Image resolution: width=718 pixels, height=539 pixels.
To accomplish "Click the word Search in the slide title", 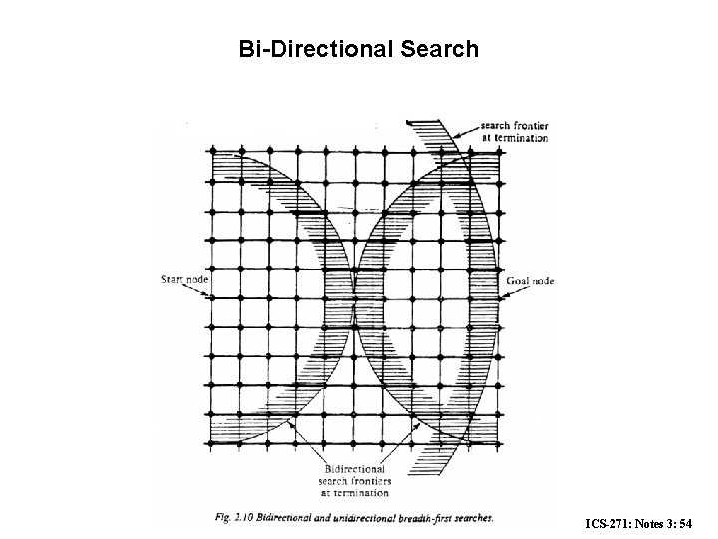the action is (x=436, y=48).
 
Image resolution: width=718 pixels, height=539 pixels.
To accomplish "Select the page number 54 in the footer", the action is (x=699, y=524).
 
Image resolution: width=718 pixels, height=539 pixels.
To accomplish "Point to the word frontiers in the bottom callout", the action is (x=371, y=480).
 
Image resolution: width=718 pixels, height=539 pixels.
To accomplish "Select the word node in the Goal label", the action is (x=543, y=281).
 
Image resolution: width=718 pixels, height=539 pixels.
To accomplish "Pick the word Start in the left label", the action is (x=172, y=280).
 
